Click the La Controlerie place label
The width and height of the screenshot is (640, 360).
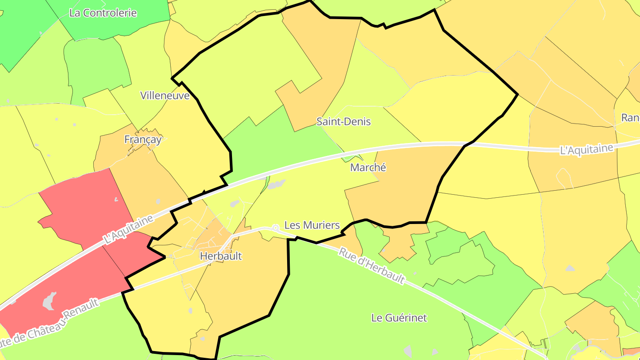pyautogui.click(x=103, y=13)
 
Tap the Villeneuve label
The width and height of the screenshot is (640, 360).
pyautogui.click(x=165, y=96)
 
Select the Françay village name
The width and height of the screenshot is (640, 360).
pyautogui.click(x=143, y=140)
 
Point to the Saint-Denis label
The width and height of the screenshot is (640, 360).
pyautogui.click(x=344, y=122)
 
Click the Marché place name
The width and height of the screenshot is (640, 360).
pyautogui.click(x=368, y=168)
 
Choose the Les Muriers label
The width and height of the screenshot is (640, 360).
pyautogui.click(x=312, y=225)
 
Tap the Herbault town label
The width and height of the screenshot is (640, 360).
pyautogui.click(x=221, y=256)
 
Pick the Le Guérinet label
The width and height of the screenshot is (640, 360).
pyautogui.click(x=399, y=318)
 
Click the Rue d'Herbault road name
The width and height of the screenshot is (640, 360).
pyautogui.click(x=372, y=265)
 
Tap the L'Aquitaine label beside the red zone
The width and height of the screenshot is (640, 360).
pyautogui.click(x=128, y=229)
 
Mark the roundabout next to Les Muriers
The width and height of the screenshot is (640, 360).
pyautogui.click(x=276, y=228)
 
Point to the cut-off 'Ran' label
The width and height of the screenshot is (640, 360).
pyautogui.click(x=630, y=118)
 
